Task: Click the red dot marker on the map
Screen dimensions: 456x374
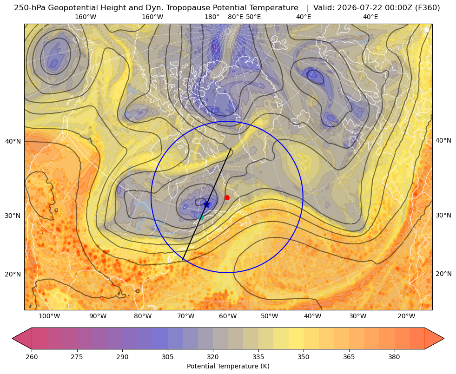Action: tap(227, 197)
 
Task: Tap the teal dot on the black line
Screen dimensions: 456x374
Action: tap(201, 217)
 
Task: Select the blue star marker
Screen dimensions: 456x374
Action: tap(207, 204)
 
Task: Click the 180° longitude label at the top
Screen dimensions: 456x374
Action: tap(212, 17)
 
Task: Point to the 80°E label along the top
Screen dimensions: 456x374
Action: tap(235, 17)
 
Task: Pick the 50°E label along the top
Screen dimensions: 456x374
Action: tap(253, 17)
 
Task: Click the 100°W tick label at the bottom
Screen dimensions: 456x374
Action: tap(49, 316)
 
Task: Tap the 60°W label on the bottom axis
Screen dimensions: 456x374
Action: tap(228, 316)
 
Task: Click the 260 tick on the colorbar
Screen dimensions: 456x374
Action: tap(32, 357)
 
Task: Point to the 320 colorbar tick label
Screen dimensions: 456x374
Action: tap(213, 357)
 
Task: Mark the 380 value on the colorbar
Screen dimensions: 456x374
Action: tap(394, 357)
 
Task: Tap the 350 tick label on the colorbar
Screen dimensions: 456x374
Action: tap(304, 357)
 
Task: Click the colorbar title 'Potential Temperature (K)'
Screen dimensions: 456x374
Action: tap(228, 366)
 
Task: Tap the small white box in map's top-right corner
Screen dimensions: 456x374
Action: tap(427, 30)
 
